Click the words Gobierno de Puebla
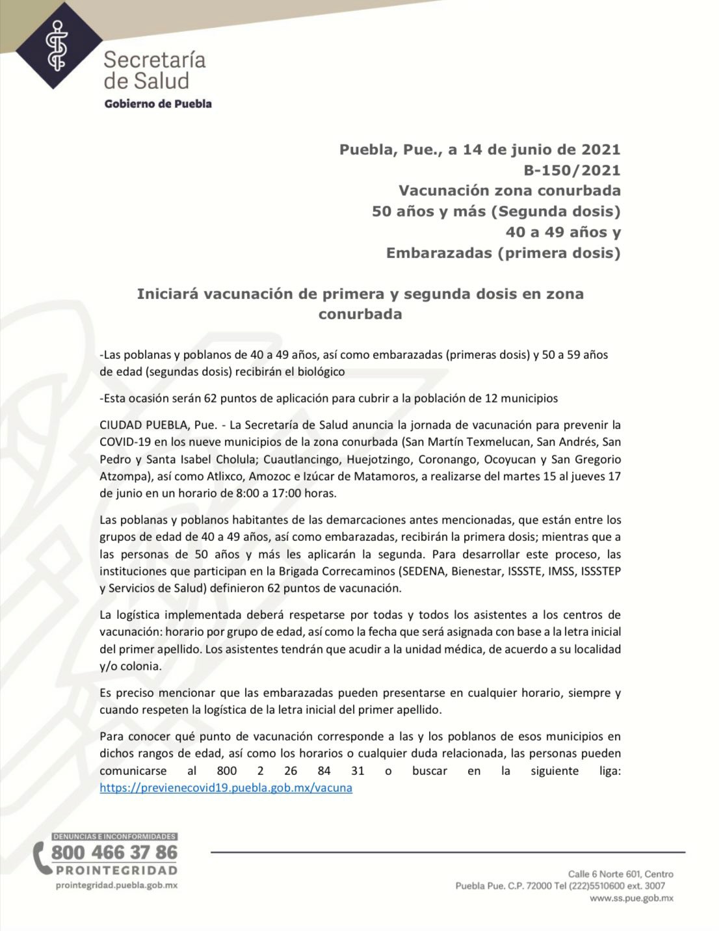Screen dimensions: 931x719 pyautogui.click(x=158, y=104)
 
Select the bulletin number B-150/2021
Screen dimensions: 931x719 pyautogui.click(x=571, y=170)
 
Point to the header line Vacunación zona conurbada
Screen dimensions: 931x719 pyautogui.click(x=510, y=191)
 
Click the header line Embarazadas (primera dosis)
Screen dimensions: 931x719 pyautogui.click(x=503, y=253)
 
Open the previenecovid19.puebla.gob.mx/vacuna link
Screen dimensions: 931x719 pyautogui.click(x=226, y=788)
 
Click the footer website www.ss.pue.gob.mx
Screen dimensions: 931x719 pyautogui.click(x=631, y=898)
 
